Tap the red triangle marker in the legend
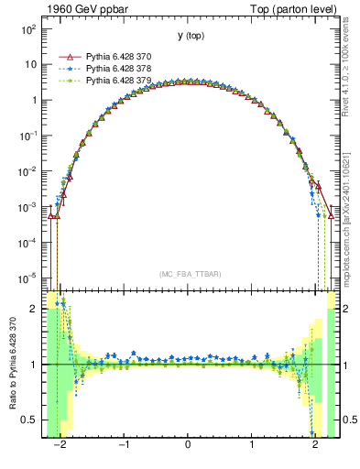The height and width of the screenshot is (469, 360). click(68, 56)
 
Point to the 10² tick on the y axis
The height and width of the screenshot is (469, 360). click(29, 29)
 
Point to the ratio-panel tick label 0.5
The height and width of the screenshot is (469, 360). click(29, 420)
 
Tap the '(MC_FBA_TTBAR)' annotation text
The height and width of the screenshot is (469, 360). click(188, 274)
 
